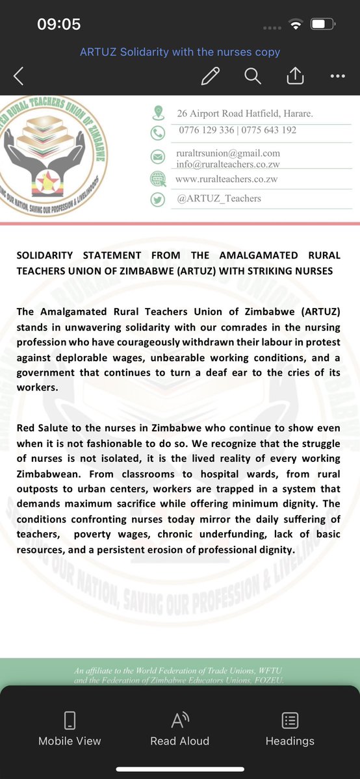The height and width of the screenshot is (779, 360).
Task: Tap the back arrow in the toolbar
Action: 18,77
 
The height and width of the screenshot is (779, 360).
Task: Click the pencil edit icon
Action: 211,76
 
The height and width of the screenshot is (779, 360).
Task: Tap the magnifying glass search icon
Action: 252,76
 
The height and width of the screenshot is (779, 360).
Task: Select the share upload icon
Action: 295,76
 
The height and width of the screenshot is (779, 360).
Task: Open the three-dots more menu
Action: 337,76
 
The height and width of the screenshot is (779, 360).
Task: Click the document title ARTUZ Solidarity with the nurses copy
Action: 180,52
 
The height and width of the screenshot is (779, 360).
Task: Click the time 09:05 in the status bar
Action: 59,25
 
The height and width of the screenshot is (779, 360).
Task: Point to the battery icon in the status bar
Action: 322,25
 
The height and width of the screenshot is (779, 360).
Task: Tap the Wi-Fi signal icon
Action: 296,25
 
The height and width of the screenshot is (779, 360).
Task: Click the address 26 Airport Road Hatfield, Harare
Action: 245,114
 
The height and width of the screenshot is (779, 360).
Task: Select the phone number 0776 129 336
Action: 207,130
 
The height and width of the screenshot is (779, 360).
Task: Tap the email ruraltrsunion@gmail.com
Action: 228,153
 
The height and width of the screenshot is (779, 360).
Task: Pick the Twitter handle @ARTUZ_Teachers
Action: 219,198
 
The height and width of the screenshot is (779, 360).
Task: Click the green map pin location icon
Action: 157,113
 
